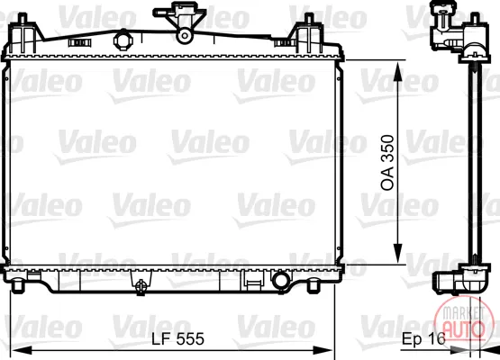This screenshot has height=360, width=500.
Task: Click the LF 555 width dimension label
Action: [x=177, y=338]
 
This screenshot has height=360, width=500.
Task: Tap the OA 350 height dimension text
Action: [x=387, y=163]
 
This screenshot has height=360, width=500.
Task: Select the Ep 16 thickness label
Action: [x=423, y=338]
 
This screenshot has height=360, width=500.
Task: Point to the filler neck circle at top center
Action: [x=185, y=35]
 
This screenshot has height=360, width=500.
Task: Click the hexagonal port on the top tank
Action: [x=123, y=40]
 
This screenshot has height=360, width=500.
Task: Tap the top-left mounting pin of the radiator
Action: [x=22, y=19]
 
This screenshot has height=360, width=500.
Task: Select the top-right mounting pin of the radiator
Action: [x=309, y=19]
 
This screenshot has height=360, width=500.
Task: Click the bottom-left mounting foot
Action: [x=17, y=285]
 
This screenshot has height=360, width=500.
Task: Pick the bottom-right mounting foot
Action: [x=314, y=285]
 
